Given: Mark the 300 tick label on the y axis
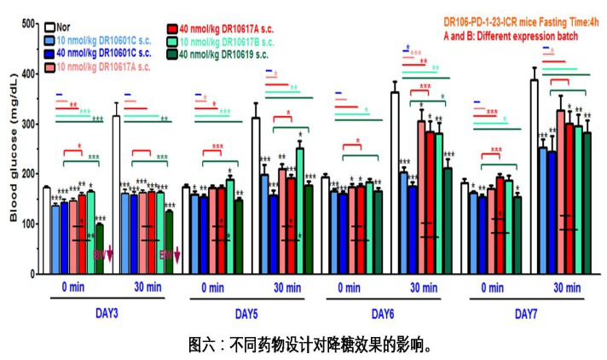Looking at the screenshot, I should pyautogui.click(x=31, y=125).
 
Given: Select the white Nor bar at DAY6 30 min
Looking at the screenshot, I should pyautogui.click(x=395, y=183).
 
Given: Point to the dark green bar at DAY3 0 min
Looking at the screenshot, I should pyautogui.click(x=100, y=248).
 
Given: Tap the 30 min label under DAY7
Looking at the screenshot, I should pyautogui.click(x=564, y=287).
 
